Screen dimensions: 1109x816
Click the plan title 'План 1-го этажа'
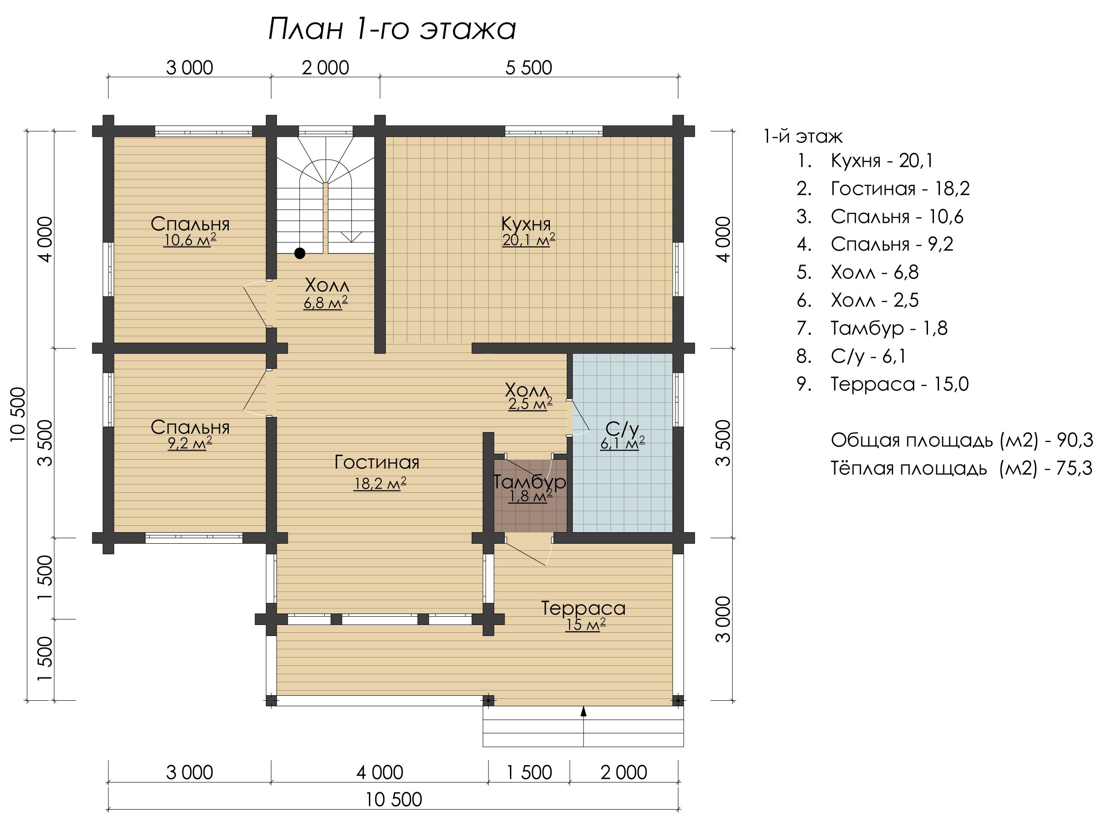click(392, 28)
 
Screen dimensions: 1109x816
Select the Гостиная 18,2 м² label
click(378, 472)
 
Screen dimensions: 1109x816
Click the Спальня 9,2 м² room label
click(190, 435)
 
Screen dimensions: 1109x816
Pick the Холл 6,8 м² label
click(326, 293)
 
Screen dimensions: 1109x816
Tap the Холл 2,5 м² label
click(528, 397)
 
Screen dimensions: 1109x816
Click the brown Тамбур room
click(530, 495)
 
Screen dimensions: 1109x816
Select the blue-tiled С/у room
click(622, 443)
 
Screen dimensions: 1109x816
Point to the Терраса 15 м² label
click(583, 615)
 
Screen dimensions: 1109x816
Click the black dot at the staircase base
click(300, 253)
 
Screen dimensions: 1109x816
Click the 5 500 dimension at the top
click(528, 68)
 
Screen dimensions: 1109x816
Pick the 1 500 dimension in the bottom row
click(529, 772)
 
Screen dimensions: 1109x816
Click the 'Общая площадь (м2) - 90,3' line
click(962, 440)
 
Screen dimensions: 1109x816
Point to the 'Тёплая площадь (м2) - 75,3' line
click(961, 468)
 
